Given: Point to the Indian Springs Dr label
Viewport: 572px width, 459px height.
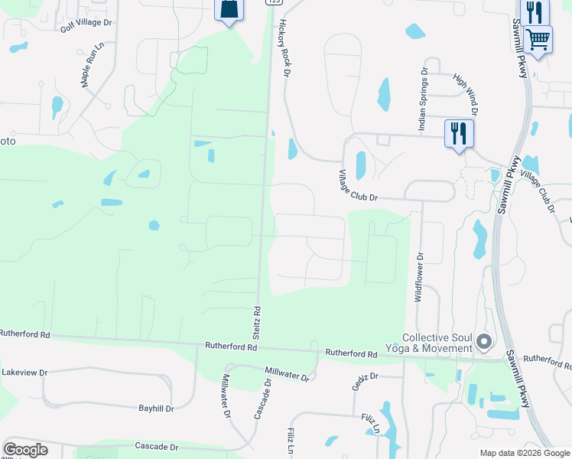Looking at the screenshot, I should tap(422, 100).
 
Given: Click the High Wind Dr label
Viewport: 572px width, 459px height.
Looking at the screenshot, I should tap(466, 95).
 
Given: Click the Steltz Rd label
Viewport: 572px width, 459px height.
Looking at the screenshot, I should tap(258, 324).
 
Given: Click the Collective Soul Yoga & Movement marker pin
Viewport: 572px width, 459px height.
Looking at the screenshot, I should tap(483, 342).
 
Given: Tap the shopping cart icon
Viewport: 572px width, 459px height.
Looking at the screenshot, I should tap(538, 37).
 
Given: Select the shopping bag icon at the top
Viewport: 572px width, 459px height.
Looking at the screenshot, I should tap(228, 9).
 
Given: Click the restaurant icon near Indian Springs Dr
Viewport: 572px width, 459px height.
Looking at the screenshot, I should tap(459, 133).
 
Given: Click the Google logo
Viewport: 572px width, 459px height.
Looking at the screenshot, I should tap(25, 450).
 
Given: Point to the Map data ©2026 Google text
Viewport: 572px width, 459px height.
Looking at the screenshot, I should tap(525, 453).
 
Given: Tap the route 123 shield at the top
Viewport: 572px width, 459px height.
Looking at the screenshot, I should tap(273, 2).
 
